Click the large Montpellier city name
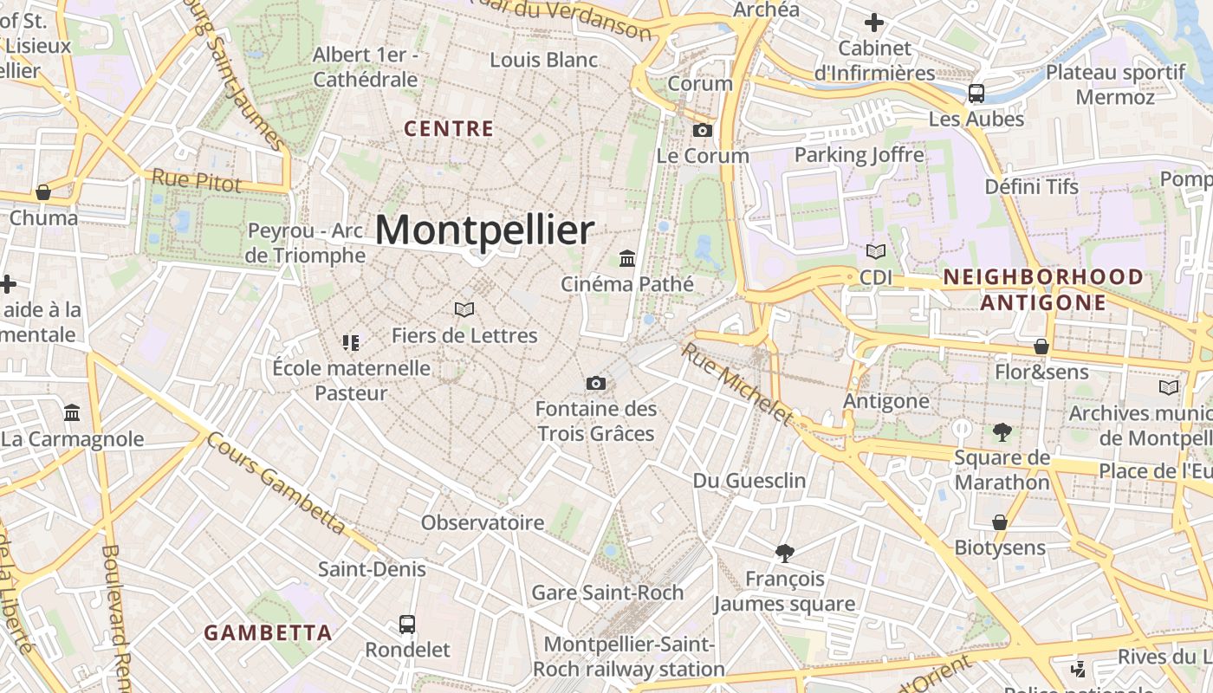click(x=484, y=230)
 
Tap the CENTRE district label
click(x=449, y=129)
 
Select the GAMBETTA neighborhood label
click(x=269, y=632)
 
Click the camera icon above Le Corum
click(x=703, y=131)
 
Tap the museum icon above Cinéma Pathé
click(x=627, y=258)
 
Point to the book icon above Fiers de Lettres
click(x=464, y=309)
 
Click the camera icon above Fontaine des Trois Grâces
click(x=595, y=383)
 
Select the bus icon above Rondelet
click(x=406, y=624)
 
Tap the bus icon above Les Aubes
click(x=976, y=93)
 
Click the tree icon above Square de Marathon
click(x=1002, y=431)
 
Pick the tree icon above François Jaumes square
click(x=785, y=553)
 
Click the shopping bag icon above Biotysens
click(x=1000, y=522)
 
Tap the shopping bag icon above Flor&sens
click(x=1041, y=346)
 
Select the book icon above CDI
click(x=876, y=251)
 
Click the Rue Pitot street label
click(x=196, y=178)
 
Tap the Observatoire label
click(x=483, y=522)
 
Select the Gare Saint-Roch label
click(x=607, y=593)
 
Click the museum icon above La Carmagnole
click(x=72, y=412)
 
